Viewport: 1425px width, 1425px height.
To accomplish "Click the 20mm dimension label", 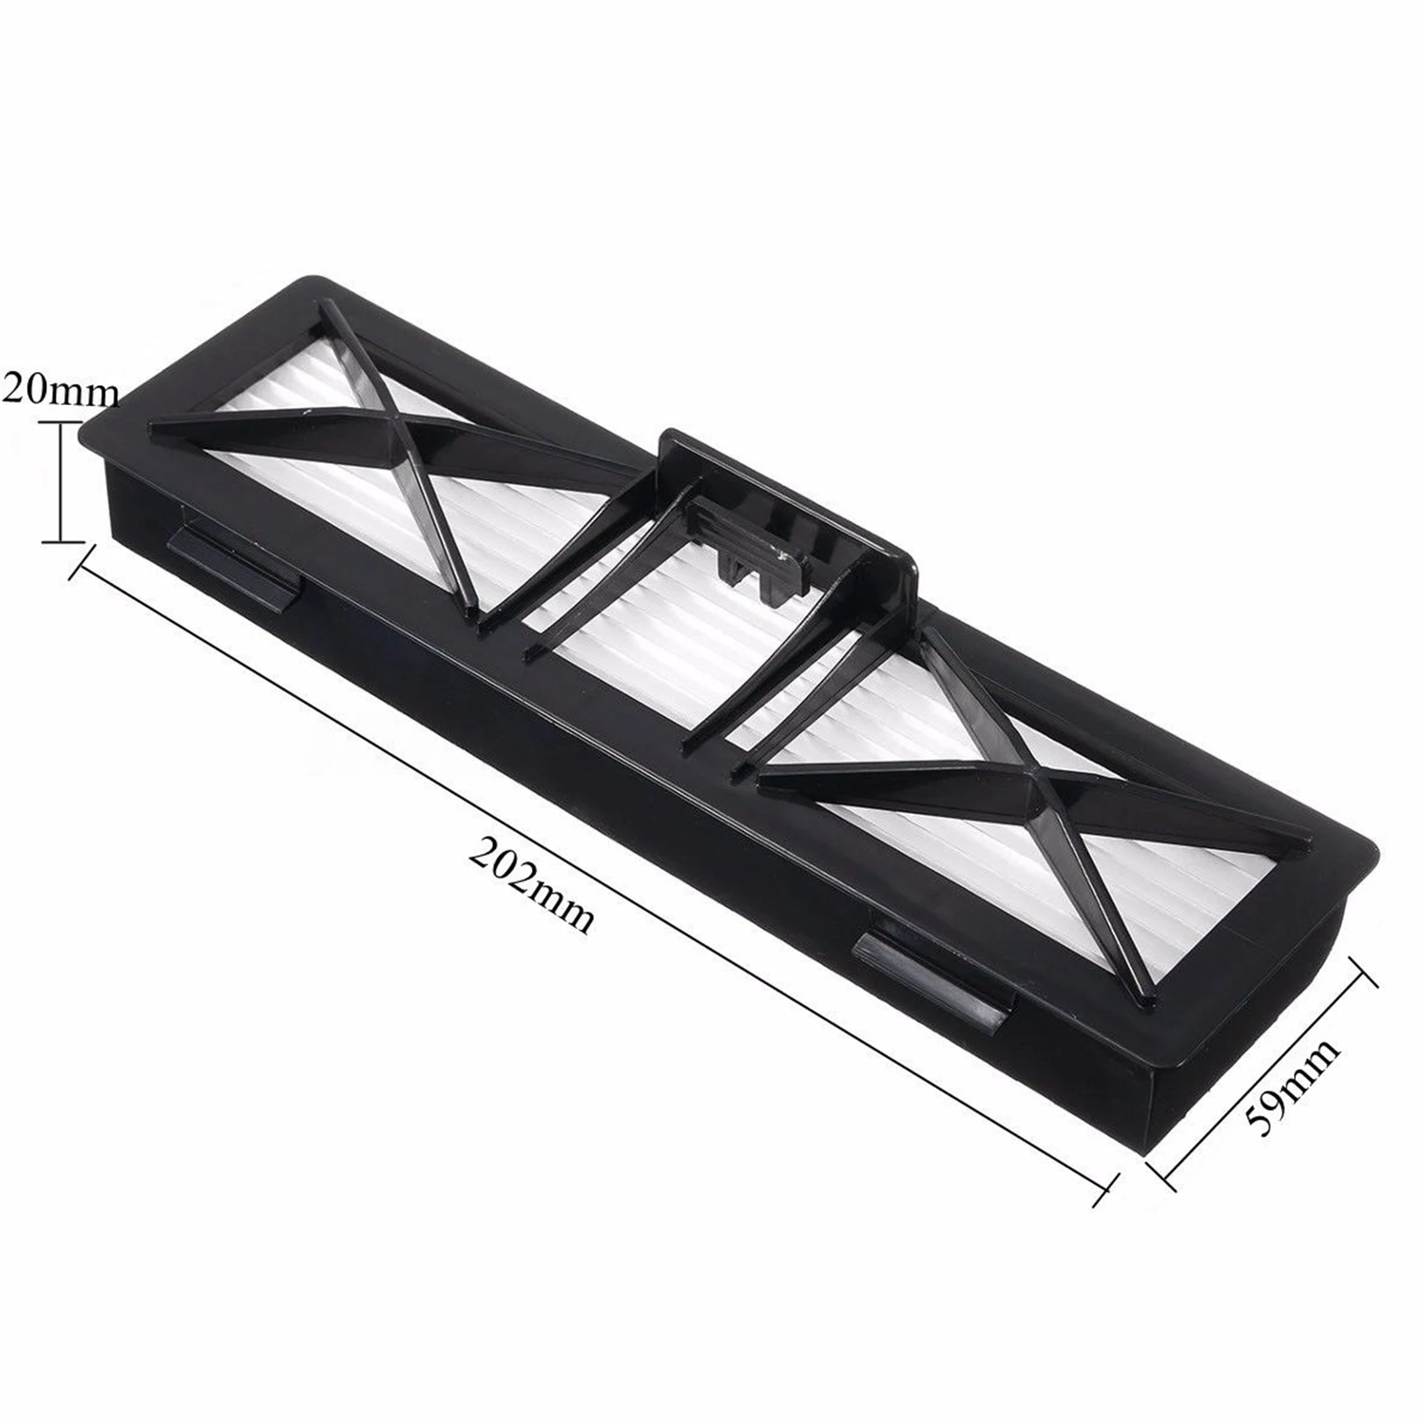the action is [x=59, y=390].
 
